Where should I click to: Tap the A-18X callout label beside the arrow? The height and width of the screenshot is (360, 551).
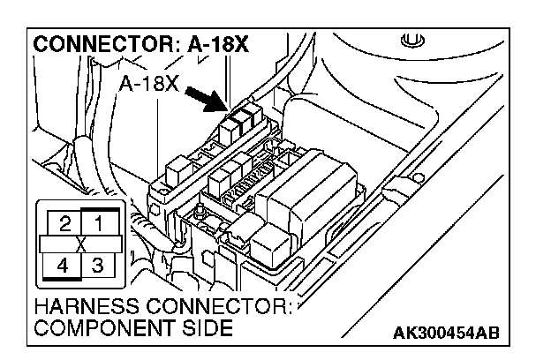tap(147, 85)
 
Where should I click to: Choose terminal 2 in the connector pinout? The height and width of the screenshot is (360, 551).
tap(64, 221)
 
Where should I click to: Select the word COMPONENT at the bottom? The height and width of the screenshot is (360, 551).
tap(94, 329)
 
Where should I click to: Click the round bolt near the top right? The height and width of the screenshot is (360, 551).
tap(408, 40)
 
